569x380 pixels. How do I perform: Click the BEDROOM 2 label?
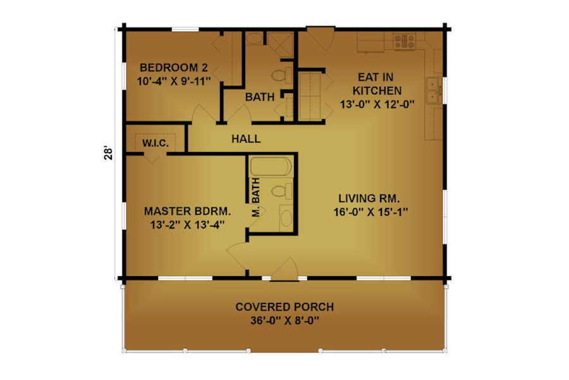[174, 68]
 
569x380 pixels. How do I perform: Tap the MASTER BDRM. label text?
[187, 211]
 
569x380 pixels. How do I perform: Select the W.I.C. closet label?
[156, 143]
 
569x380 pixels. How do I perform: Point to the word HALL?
[246, 139]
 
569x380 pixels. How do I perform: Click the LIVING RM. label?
[369, 198]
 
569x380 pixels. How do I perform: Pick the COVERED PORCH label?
[284, 307]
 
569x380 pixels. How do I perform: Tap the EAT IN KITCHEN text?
[377, 84]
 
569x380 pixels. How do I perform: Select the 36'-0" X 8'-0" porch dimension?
[284, 320]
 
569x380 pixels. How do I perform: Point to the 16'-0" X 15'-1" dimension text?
[370, 212]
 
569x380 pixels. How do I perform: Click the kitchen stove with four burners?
[405, 41]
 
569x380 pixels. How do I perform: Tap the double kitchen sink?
[434, 91]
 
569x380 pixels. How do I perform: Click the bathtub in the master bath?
[271, 167]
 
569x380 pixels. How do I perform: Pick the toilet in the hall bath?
[282, 75]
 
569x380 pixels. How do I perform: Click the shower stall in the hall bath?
[280, 45]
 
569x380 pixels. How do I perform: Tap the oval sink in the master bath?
[286, 218]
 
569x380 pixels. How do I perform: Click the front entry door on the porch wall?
[284, 269]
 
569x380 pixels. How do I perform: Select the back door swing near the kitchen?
[321, 38]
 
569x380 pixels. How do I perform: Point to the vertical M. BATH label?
[256, 197]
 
